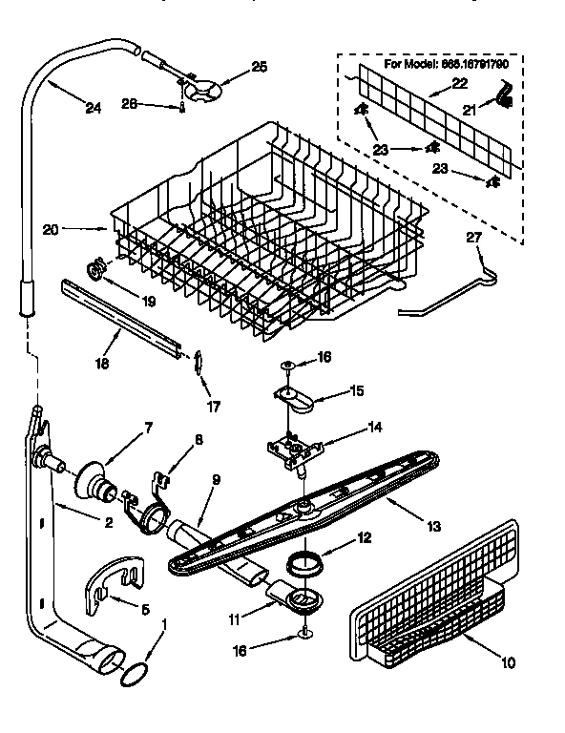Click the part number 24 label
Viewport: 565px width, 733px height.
pyautogui.click(x=92, y=109)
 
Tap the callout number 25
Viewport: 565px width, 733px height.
pyautogui.click(x=260, y=66)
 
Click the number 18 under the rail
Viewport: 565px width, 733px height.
pyautogui.click(x=103, y=363)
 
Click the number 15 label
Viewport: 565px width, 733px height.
pyautogui.click(x=329, y=389)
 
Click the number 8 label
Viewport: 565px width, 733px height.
pyautogui.click(x=198, y=439)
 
